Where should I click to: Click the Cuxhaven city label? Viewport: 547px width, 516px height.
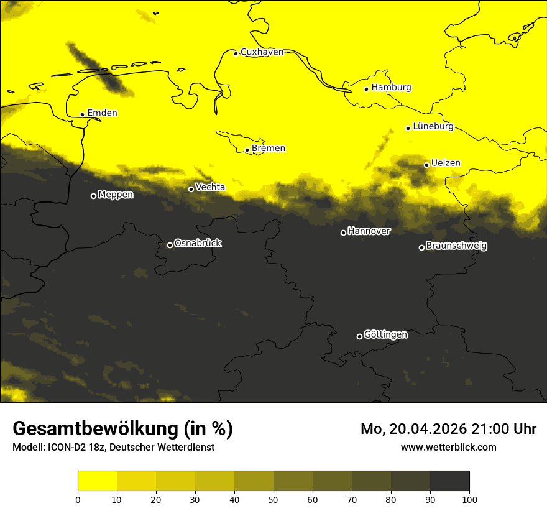262,52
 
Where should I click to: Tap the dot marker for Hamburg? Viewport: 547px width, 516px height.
367,89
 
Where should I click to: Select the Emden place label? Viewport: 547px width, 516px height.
102,113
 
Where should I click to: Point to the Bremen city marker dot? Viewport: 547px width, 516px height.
247,150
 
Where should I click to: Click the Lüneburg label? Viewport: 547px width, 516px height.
433,126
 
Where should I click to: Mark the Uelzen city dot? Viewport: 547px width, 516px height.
426,165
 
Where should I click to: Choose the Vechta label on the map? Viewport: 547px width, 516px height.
210,187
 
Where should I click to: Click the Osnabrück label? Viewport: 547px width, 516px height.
198,243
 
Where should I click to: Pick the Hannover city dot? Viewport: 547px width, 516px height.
343,233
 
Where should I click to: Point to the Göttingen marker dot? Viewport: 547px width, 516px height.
359,336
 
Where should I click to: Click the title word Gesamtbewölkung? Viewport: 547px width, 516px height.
96,429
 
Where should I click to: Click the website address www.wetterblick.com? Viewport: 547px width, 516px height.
448,447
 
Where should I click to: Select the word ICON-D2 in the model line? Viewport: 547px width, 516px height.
65,447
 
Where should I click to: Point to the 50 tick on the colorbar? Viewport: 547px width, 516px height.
273,499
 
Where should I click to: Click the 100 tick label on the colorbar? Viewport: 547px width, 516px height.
469,499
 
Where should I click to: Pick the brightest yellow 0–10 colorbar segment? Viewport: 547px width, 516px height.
97,481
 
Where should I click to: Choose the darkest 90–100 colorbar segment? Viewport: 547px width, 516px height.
449,481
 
